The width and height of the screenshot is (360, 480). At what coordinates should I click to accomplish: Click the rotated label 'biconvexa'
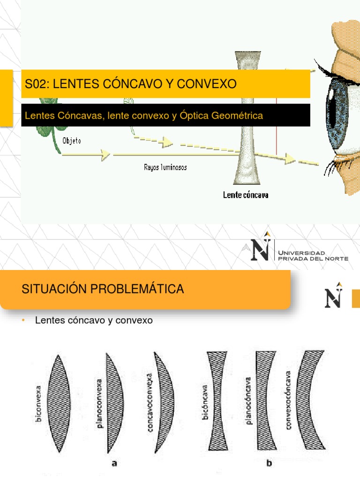(39, 404)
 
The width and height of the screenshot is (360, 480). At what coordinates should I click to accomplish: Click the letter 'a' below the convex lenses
(114, 464)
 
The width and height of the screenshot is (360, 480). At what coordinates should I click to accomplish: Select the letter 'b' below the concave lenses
(269, 464)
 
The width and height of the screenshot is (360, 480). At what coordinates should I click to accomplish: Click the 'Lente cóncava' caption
(245, 195)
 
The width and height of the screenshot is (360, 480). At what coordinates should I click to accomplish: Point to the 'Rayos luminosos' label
(165, 167)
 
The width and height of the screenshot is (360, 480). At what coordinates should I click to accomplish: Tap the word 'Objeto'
(71, 140)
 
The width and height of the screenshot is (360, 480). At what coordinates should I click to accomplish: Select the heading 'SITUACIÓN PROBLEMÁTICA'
(103, 289)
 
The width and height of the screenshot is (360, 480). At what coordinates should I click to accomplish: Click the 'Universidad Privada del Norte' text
(313, 256)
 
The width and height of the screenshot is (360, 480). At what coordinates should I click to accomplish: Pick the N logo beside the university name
(261, 247)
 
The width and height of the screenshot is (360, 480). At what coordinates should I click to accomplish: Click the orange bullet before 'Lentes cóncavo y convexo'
(23, 321)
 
